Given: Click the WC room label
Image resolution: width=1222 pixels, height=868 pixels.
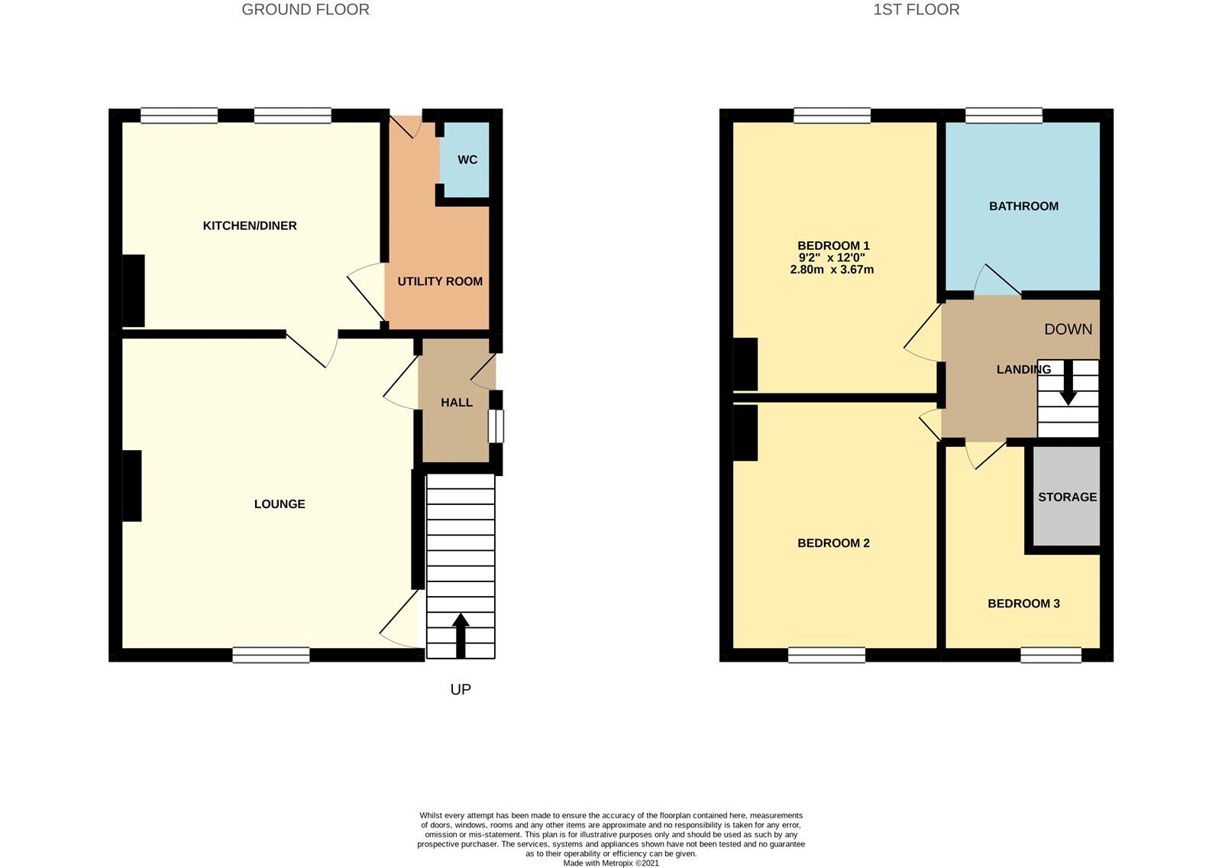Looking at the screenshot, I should coord(467,160).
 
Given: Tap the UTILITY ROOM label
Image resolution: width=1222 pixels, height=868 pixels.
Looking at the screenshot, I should coord(440,281).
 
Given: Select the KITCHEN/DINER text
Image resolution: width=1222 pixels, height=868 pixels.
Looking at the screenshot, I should coord(250,225).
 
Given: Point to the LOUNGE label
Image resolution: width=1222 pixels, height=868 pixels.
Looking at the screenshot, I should coord(280,504).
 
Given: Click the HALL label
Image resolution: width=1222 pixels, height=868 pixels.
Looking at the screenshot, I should coord(457,402).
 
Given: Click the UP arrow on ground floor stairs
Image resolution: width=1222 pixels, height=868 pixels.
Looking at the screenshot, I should coord(461,635).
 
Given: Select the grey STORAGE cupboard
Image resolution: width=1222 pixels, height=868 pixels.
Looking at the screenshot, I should coord(1067,497).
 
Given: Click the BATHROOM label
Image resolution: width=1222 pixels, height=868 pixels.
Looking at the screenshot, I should coord(1023,206).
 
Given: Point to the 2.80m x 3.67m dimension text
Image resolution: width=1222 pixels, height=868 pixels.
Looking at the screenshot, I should coord(832,270).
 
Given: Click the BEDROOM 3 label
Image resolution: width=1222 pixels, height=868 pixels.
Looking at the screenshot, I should coord(1023,603).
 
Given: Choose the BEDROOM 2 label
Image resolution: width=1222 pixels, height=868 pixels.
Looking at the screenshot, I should coord(833,542).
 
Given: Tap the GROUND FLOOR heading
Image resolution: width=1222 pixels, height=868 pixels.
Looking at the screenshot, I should coord(305,9).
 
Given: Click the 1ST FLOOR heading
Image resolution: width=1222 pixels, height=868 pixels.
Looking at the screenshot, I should coord(916,9).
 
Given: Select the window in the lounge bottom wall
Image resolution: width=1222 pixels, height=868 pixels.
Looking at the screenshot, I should coord(271,655).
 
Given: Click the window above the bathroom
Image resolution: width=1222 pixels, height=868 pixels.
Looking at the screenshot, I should coord(1004,115).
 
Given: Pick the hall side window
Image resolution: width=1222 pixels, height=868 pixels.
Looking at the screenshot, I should coord(496,426).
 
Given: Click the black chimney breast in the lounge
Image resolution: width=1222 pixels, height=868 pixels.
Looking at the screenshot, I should coord(131,486).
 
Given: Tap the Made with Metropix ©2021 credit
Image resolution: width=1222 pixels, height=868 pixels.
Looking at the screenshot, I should coord(611,863).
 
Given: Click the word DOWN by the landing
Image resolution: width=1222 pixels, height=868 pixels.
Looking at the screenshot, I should coord(1068,329).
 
